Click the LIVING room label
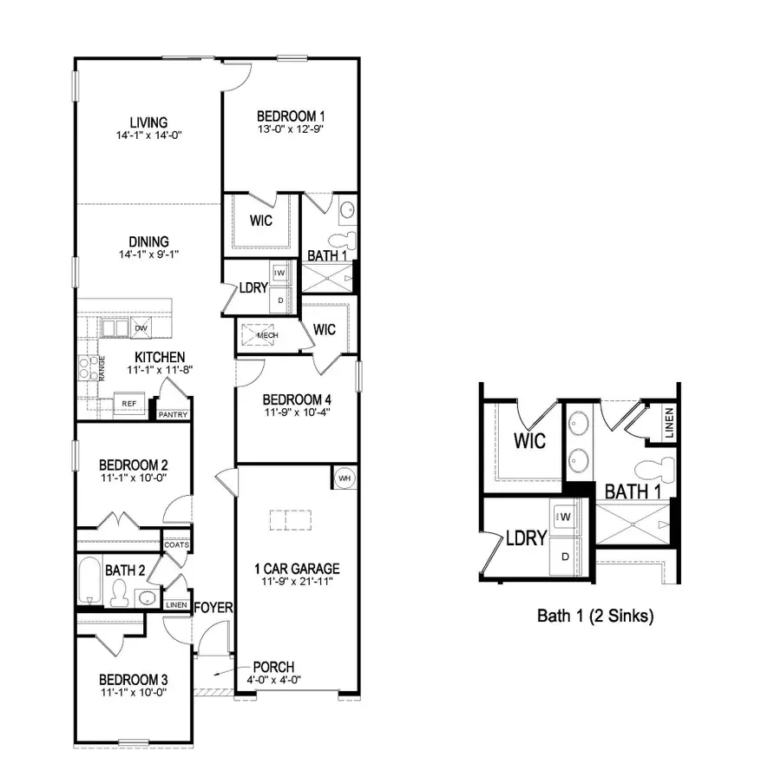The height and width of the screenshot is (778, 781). point(148,122)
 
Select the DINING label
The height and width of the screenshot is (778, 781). point(148,241)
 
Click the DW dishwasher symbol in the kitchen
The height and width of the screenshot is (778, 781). point(140,328)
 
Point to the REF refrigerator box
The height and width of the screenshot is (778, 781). point(128,403)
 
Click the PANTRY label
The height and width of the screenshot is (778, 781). point(173,415)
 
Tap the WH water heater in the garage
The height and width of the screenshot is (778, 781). point(344,477)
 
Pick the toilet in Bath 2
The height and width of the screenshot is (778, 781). point(120,592)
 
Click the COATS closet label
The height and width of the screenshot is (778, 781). point(177,545)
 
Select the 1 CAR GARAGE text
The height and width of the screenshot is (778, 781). point(296,569)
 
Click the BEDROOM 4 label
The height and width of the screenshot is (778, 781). point(297,399)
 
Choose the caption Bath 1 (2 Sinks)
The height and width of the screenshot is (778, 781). point(594,616)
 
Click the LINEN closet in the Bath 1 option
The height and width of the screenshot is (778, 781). point(669,422)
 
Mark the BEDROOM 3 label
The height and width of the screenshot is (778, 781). point(133,679)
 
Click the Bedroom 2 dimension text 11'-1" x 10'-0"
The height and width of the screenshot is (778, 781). point(133,477)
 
